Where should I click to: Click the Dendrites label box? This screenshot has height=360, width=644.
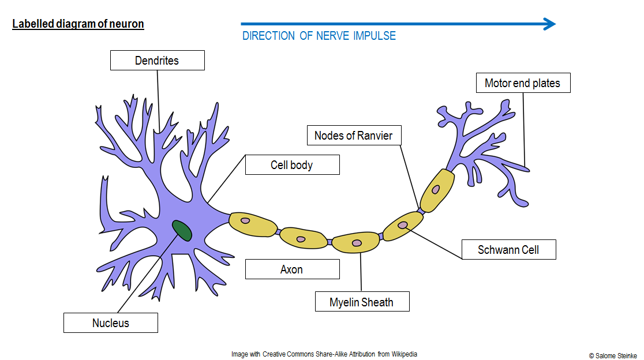157,61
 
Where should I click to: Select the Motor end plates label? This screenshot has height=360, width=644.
523,83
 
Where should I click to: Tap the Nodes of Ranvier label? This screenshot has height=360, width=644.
353,136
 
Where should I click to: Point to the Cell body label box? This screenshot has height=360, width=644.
292,165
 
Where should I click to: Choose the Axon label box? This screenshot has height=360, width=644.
292,269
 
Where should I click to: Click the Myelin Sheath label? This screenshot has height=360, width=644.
362,302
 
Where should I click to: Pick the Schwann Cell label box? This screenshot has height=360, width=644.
508,250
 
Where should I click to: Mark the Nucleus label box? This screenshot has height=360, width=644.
111,323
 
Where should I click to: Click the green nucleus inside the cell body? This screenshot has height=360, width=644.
182,230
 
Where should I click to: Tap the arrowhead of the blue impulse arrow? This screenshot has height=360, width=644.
549,24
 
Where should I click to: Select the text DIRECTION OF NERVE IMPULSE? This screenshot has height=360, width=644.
319,36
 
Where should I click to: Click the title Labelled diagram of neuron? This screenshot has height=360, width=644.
78,24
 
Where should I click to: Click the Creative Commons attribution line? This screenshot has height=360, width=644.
324,354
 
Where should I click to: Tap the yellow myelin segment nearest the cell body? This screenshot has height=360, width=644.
253,224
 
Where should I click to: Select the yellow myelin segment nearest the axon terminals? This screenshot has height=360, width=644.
437,190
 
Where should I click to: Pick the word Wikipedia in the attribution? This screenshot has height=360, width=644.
405,354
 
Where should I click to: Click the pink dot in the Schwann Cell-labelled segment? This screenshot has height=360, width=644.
402,225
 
